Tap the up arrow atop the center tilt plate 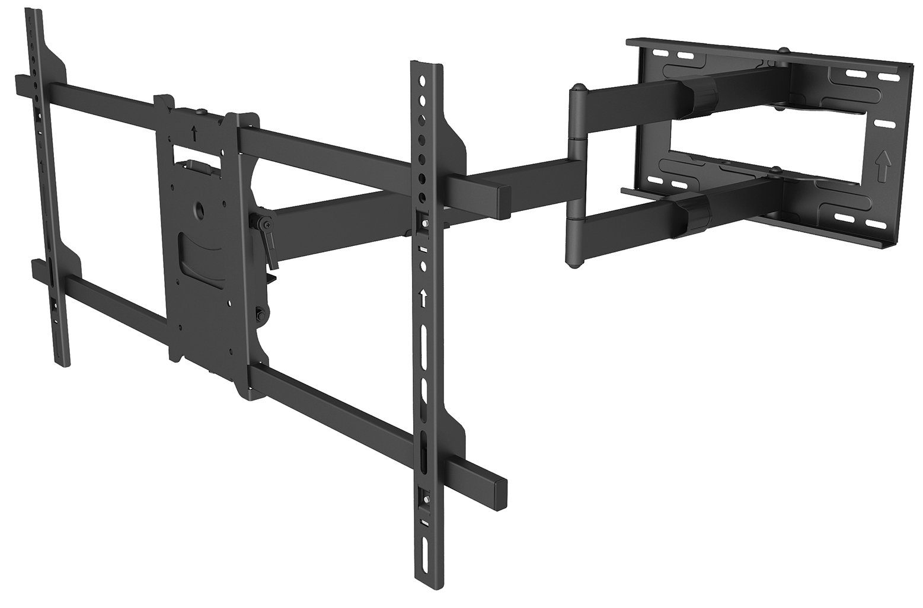(x=196, y=132)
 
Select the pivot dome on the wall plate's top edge (x=784, y=51)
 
